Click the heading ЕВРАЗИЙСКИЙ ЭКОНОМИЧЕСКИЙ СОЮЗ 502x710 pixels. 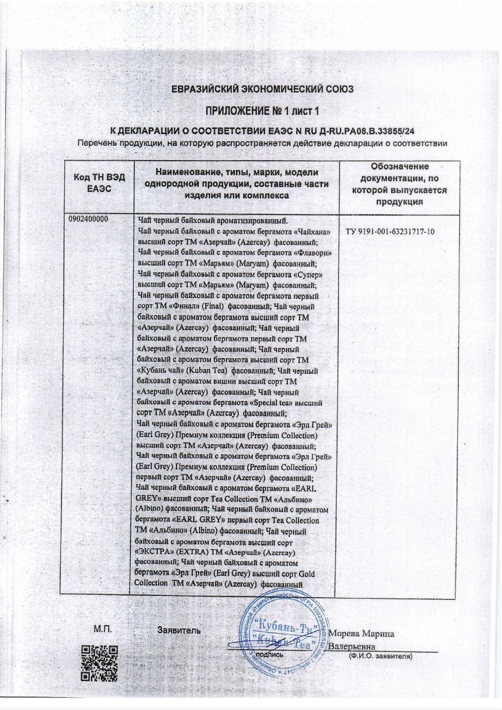(262, 89)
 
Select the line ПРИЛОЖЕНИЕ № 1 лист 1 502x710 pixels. (265, 111)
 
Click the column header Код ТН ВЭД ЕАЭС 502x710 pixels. (99, 183)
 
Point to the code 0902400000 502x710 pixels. (89, 219)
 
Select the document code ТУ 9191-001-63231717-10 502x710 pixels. (390, 232)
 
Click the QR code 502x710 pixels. (99, 664)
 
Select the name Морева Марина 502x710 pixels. (362, 634)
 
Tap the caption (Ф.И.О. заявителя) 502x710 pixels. (380, 657)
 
